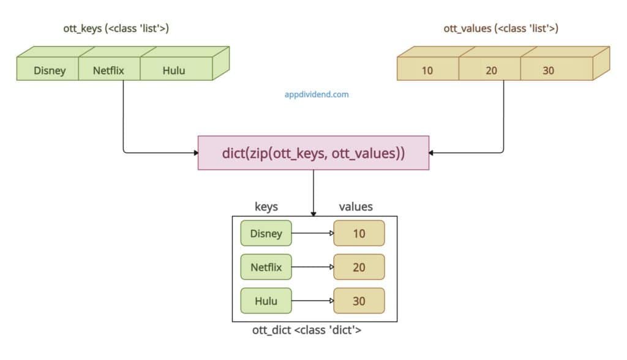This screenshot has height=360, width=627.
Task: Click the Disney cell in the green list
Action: coord(50,70)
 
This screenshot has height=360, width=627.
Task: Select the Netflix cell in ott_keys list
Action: coord(108,70)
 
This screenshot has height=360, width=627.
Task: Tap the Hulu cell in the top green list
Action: coord(173,70)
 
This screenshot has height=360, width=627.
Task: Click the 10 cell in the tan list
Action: coord(427,70)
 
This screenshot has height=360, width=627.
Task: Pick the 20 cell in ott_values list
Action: coord(491,70)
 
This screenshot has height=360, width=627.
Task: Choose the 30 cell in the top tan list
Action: coord(548,70)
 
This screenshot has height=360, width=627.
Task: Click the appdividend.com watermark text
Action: coord(317,95)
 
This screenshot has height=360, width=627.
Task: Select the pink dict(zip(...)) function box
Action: coord(313,152)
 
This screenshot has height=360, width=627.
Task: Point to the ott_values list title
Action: coord(500,28)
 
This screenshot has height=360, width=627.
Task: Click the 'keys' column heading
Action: coord(266,207)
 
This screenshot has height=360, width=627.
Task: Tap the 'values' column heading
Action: coord(356,207)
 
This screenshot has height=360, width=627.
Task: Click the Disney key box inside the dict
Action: coord(266,233)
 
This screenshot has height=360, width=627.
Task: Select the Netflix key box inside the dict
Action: coord(266,267)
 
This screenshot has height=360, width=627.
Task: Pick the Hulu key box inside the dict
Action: coord(266,301)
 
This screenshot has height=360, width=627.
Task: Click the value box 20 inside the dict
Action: coord(359,267)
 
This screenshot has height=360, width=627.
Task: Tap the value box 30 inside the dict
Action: coord(359,301)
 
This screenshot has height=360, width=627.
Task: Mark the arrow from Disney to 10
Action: coord(312,233)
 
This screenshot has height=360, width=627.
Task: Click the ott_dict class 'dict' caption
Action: coord(307,330)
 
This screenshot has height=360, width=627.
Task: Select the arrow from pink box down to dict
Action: coord(313,193)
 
